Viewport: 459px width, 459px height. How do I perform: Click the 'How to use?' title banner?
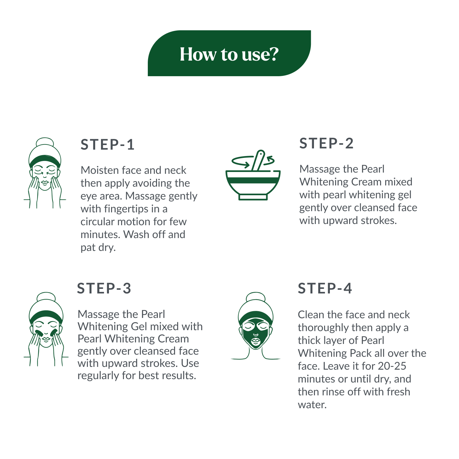point(229,53)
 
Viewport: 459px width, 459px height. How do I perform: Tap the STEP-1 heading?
point(107,145)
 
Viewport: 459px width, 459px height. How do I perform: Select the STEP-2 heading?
point(327,144)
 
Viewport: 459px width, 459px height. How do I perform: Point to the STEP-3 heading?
point(104,289)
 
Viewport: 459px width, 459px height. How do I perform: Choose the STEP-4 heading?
point(325,289)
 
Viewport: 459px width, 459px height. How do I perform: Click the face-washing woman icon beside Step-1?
point(45,173)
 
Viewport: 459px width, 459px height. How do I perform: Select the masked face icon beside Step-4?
point(256,326)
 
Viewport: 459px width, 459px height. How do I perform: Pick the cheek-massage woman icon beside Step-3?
point(46,329)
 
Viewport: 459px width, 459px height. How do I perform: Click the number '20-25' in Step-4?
point(392,366)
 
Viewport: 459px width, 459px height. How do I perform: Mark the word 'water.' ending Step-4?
point(312,405)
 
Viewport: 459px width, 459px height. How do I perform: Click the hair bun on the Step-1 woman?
point(45,143)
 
